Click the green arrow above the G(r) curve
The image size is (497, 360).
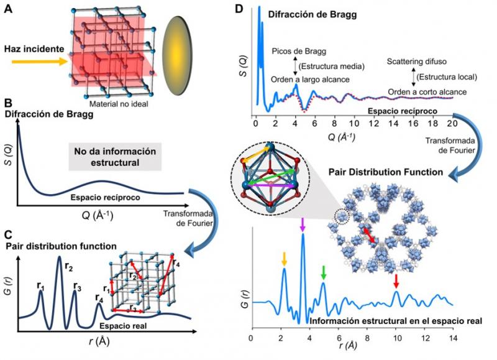pos(323,272)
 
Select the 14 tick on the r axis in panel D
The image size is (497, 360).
pos(453,338)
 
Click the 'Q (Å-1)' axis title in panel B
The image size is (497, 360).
pos(98,216)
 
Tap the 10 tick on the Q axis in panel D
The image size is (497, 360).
pos(353,122)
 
